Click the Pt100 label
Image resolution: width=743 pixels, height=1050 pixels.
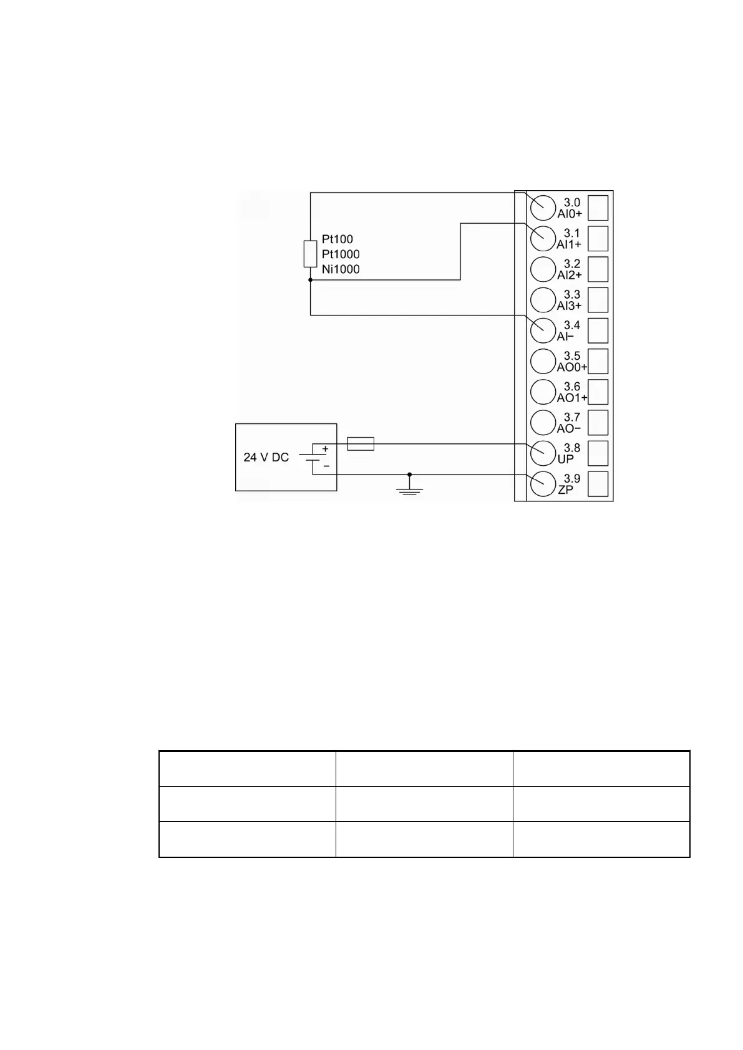[337, 239]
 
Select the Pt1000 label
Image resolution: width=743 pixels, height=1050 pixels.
[341, 254]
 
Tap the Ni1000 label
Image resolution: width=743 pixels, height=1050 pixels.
[341, 269]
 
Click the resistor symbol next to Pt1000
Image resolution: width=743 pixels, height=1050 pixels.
[310, 254]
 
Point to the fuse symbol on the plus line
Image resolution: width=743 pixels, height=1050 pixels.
[360, 444]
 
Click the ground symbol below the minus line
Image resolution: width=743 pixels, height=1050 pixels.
[409, 491]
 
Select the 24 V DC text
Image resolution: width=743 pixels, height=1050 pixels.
[266, 458]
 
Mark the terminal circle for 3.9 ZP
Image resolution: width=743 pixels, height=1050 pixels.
[543, 484]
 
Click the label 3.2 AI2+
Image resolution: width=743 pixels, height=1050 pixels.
[570, 269]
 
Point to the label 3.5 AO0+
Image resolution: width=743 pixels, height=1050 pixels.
[571, 362]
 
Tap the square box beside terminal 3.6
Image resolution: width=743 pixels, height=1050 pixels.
[598, 392]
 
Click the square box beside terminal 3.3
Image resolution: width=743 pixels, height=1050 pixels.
[598, 300]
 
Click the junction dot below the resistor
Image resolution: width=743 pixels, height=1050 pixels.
[310, 281]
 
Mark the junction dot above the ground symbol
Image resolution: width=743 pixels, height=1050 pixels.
[409, 474]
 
